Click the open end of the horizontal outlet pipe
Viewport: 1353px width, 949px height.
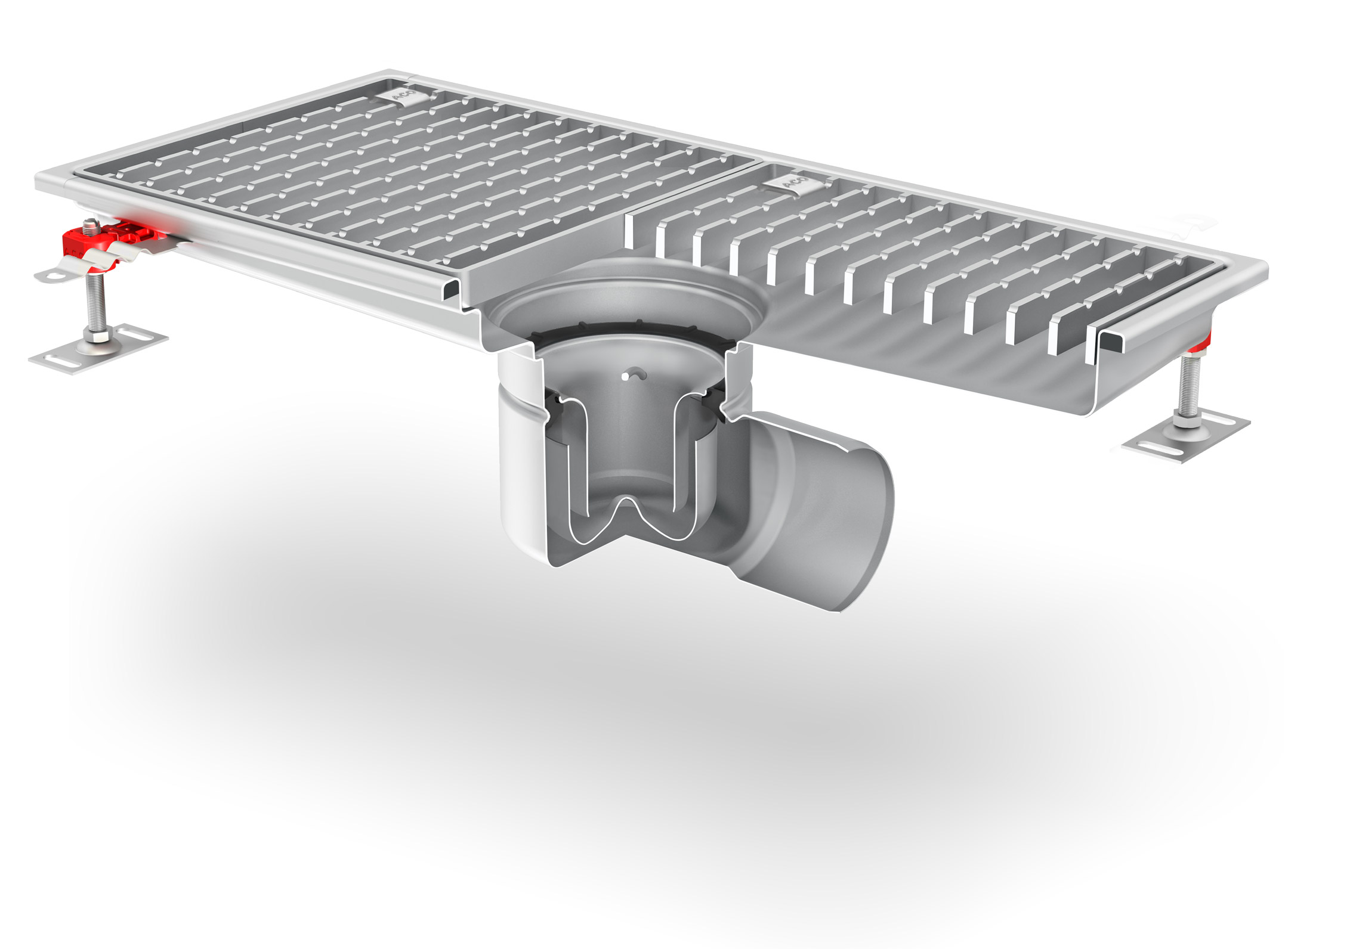[x=865, y=536]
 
